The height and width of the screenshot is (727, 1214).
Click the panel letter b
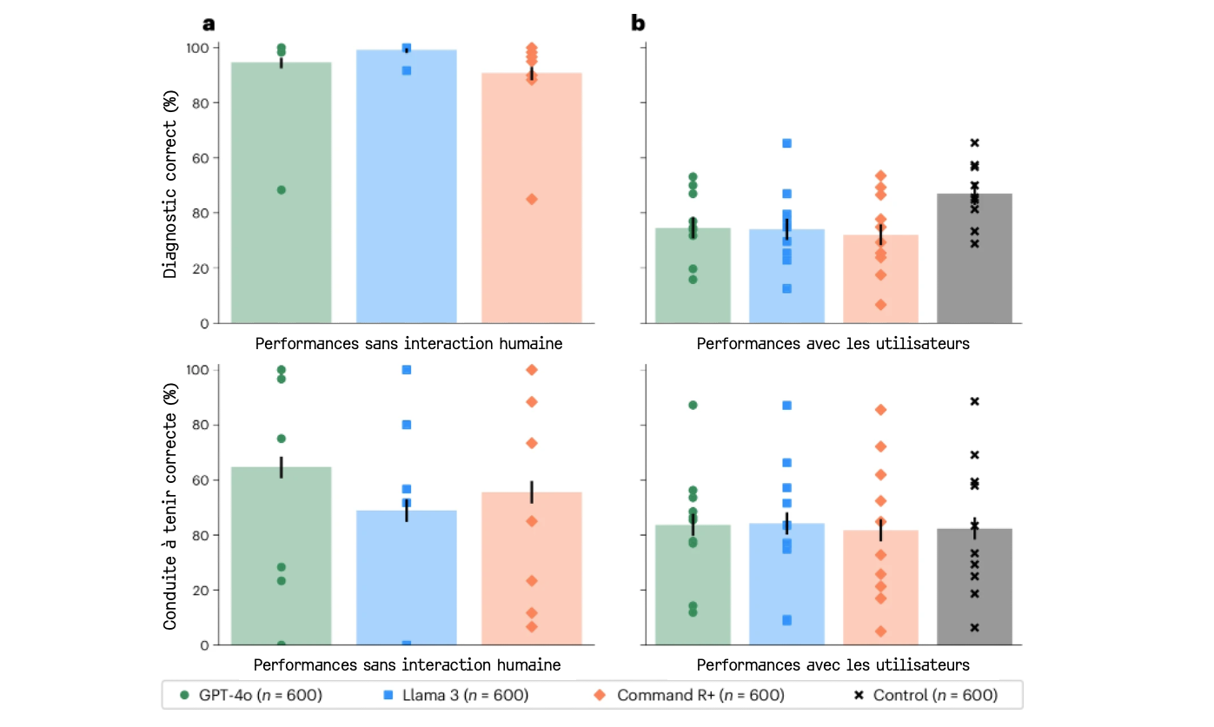638,23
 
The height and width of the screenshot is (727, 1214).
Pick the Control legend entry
925,695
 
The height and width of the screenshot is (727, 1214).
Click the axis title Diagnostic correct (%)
171,185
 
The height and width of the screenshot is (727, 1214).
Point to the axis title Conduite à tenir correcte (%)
171,506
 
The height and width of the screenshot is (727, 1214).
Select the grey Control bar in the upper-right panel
974,261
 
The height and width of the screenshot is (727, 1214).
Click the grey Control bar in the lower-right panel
974,587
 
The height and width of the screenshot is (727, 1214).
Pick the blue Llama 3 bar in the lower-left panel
406,578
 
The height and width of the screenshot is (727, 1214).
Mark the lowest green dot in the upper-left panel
281,189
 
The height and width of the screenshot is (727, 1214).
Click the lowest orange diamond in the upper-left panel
532,199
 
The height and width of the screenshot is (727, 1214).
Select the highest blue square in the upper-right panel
786,143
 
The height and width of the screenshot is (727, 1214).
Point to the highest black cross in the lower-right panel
974,401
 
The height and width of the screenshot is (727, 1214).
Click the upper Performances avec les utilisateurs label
833,343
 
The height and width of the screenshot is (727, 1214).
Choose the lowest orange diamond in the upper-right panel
880,305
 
